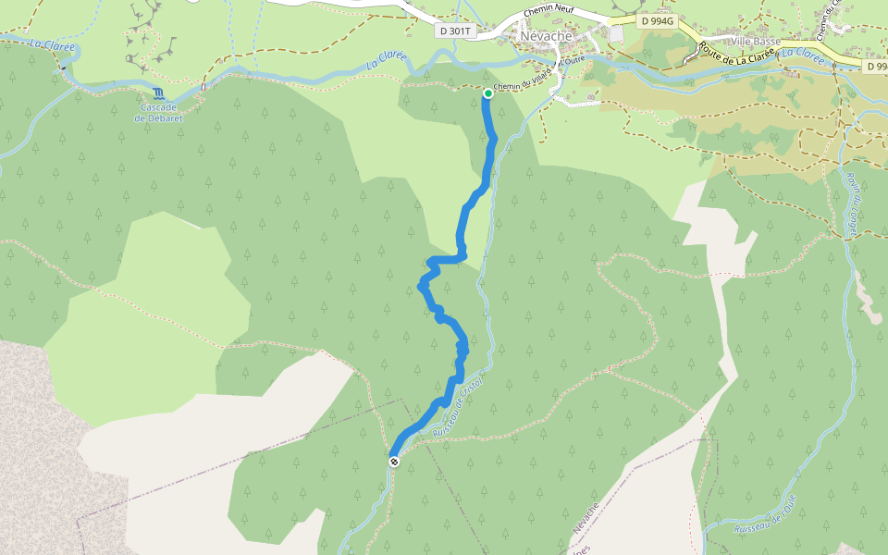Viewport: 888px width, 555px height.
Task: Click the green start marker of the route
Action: coord(487,92)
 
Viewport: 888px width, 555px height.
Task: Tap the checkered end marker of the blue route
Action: coord(394,461)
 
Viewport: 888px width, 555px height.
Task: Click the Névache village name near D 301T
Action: coord(547,36)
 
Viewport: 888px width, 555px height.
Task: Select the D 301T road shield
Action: coord(455,31)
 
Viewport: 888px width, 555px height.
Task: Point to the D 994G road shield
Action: coord(657,19)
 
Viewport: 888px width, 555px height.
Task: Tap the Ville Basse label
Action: coord(755,42)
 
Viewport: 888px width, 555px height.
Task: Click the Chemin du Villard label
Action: coord(522,81)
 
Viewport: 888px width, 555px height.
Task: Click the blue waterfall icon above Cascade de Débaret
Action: coord(160,93)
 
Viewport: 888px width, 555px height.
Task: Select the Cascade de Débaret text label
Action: coord(160,112)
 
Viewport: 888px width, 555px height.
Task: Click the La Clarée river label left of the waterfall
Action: coord(51,43)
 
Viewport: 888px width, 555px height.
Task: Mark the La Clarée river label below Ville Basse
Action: coord(802,55)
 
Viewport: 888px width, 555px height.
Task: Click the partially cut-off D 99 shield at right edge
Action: coord(876,67)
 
